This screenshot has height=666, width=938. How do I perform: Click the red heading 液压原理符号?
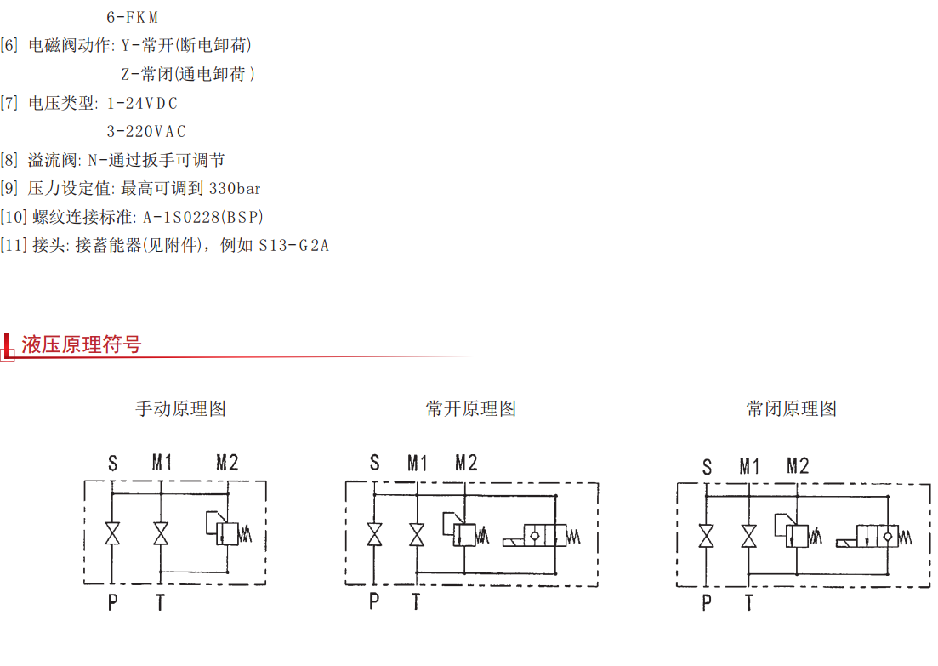pyautogui.click(x=82, y=344)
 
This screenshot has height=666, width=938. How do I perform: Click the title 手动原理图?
pyautogui.click(x=180, y=408)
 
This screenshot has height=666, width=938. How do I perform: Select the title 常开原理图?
pyautogui.click(x=471, y=408)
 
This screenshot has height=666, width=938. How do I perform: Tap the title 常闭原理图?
pyautogui.click(x=792, y=408)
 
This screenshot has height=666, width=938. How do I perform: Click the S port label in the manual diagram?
pyautogui.click(x=112, y=464)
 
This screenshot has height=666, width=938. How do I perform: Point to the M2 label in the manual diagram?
pyautogui.click(x=227, y=463)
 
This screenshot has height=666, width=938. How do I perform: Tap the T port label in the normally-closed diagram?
pyautogui.click(x=749, y=604)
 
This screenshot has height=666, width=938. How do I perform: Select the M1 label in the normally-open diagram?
pyautogui.click(x=417, y=463)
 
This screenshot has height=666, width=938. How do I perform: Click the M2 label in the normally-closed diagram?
pyautogui.click(x=798, y=466)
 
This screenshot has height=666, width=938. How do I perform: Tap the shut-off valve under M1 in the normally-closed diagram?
pyautogui.click(x=749, y=537)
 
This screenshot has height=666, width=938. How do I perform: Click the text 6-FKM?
pyautogui.click(x=133, y=17)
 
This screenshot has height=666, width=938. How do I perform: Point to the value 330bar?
pyautogui.click(x=235, y=188)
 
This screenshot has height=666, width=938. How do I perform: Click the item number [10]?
pyautogui.click(x=14, y=217)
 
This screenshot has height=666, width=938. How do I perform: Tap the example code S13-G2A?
pyautogui.click(x=293, y=246)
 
